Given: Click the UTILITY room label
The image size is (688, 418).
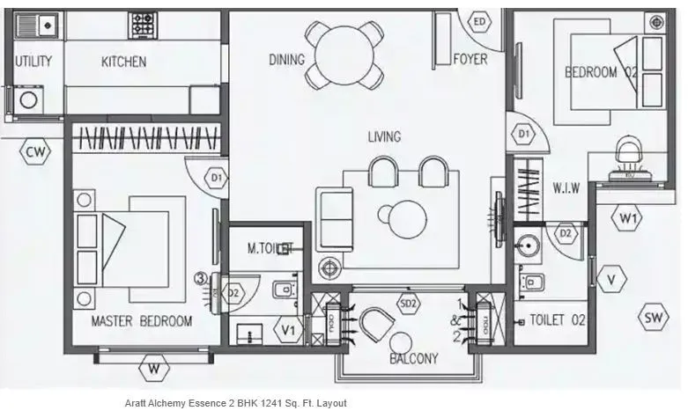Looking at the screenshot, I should click(x=33, y=62).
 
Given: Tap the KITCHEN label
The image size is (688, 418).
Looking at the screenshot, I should click(x=123, y=62).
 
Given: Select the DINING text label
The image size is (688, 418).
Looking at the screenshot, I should click(x=287, y=60).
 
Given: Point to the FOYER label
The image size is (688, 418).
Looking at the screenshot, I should click(x=470, y=60).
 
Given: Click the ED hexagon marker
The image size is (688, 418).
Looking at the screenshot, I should click(x=480, y=22).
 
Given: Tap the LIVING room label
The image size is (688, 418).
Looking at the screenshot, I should click(x=384, y=136).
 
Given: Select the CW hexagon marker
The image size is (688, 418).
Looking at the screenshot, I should click(x=35, y=153).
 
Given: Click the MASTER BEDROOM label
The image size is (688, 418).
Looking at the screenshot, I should click(x=141, y=321).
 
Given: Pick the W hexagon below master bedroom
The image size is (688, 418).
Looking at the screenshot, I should click(x=154, y=368).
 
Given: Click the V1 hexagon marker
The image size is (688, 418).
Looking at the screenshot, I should click(x=286, y=331).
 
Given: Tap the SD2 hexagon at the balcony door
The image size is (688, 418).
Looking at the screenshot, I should click(x=409, y=304).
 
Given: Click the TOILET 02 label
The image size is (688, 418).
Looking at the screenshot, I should click(x=558, y=320).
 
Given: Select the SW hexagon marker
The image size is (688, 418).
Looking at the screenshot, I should click(x=653, y=318).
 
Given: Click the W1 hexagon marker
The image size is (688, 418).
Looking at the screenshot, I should click(x=628, y=216).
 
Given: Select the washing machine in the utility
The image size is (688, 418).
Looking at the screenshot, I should click(x=25, y=97).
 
